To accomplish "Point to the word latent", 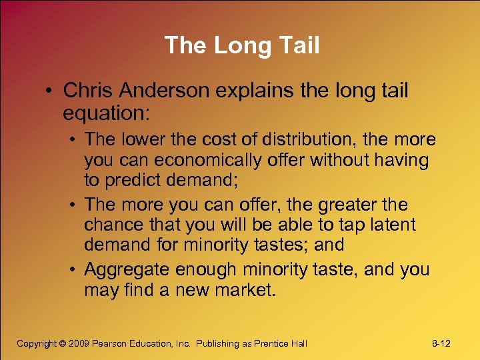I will pyautogui.click(x=391, y=225).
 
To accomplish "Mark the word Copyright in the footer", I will pyautogui.click(x=37, y=343).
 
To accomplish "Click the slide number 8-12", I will pyautogui.click(x=441, y=343).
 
